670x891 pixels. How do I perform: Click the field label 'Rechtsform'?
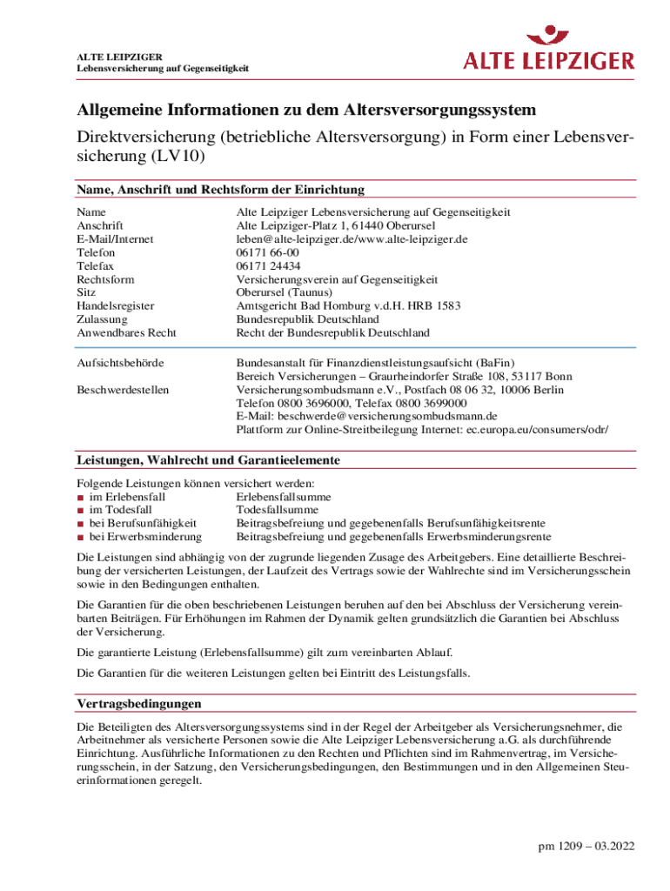pyautogui.click(x=105, y=279)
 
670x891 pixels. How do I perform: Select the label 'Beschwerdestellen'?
pyautogui.click(x=123, y=390)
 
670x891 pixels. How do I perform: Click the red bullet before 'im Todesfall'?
pyautogui.click(x=80, y=510)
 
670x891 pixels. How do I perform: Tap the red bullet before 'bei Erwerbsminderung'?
pyautogui.click(x=80, y=537)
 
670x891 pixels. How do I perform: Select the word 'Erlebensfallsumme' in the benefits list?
pyautogui.click(x=283, y=497)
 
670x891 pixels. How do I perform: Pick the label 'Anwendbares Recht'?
pyautogui.click(x=126, y=333)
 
